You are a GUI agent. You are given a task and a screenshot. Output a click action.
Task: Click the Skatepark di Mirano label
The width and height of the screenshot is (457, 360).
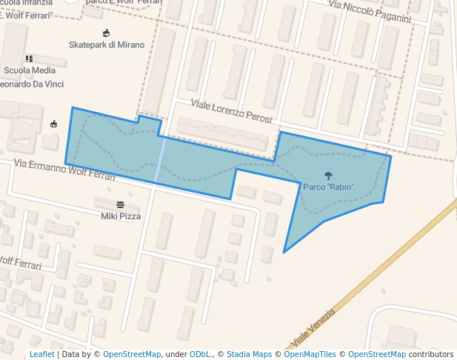(x=106, y=44)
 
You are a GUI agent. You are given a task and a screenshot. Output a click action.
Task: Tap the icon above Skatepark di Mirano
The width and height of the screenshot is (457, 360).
(x=106, y=33)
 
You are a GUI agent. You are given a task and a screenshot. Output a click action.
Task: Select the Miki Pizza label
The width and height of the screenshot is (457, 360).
(x=121, y=216)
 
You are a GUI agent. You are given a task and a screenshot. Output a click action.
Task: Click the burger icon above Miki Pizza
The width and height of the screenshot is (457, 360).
(x=121, y=204)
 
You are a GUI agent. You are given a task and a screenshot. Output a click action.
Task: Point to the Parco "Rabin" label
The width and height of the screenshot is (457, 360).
(x=328, y=186)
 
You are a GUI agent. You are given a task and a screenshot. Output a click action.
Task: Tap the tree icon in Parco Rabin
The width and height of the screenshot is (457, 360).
(x=328, y=176)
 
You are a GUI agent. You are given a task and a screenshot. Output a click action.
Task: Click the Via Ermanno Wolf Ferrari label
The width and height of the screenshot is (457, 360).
(x=64, y=170)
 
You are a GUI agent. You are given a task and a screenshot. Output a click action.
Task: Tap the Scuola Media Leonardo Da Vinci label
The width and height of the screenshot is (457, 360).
(x=30, y=76)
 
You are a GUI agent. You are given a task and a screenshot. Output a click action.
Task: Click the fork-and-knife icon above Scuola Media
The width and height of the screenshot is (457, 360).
(x=30, y=59)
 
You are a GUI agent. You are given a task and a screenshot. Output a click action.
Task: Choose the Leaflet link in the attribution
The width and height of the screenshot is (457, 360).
(x=41, y=354)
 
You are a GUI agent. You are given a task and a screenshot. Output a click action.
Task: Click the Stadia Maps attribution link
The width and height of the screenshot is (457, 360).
(x=248, y=354)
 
